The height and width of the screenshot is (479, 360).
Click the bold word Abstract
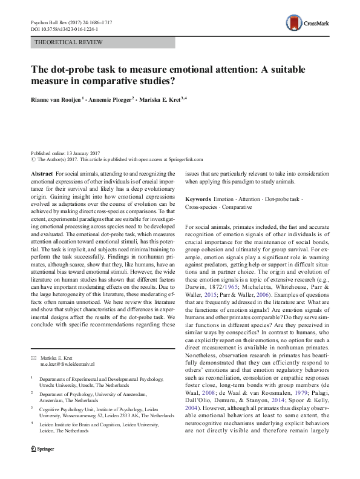42,174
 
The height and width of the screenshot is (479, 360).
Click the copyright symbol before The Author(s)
33,160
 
